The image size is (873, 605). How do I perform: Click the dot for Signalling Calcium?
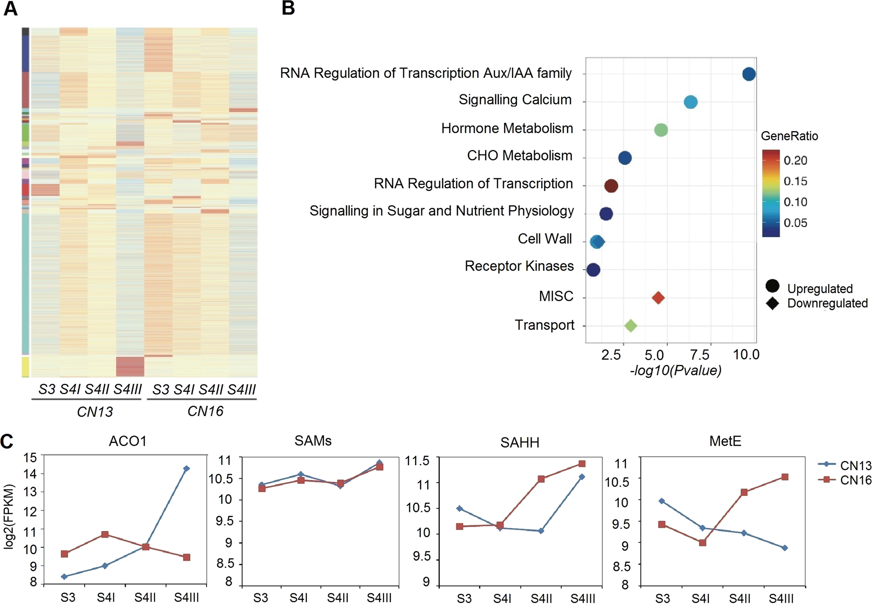point(690,102)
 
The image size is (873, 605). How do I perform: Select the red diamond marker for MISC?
point(658,298)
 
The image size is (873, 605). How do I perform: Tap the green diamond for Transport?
point(631,325)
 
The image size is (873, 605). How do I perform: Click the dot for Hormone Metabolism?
point(661,130)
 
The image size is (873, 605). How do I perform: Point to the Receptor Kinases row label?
point(519,266)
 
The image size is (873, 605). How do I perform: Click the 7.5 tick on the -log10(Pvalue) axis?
point(700,355)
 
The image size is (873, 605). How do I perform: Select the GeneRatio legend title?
point(789,136)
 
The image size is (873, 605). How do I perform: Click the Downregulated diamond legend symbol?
point(772,303)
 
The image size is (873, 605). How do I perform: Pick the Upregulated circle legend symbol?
point(772,286)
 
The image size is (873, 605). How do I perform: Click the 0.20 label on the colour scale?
point(795,160)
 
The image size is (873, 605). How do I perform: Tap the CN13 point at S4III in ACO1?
point(187,468)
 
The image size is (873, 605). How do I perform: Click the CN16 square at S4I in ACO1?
point(105,534)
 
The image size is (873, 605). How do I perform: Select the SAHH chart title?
point(519,443)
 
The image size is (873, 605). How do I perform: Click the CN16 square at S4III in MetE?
point(785,477)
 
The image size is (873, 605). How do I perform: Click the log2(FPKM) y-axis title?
point(9,516)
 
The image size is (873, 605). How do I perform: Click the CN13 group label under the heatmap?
point(94,412)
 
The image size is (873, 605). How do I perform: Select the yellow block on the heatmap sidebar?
point(26,367)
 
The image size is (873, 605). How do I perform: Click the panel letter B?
point(288,8)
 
